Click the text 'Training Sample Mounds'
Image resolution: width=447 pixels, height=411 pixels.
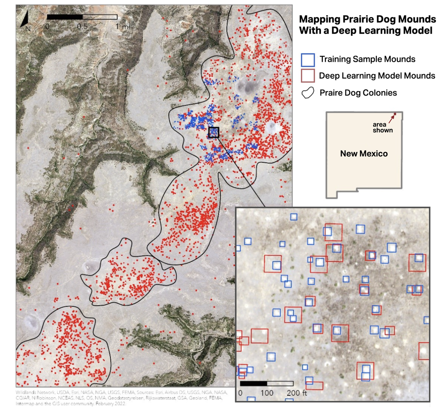[x=367, y=59]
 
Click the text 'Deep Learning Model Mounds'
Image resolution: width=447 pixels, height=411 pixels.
[x=377, y=76]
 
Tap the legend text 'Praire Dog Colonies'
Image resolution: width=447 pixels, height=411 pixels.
[x=358, y=93]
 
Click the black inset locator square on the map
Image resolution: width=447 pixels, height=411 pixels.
[x=214, y=132]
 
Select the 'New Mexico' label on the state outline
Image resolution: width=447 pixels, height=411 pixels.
[x=364, y=154]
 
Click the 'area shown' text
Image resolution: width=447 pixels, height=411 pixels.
[x=383, y=127]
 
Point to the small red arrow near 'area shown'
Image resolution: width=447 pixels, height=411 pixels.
[x=392, y=118]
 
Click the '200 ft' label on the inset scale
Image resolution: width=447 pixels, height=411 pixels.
[x=297, y=393]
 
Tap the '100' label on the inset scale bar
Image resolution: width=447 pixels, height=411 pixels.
[x=267, y=393]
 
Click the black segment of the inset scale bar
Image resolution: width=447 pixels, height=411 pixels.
[x=253, y=383]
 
